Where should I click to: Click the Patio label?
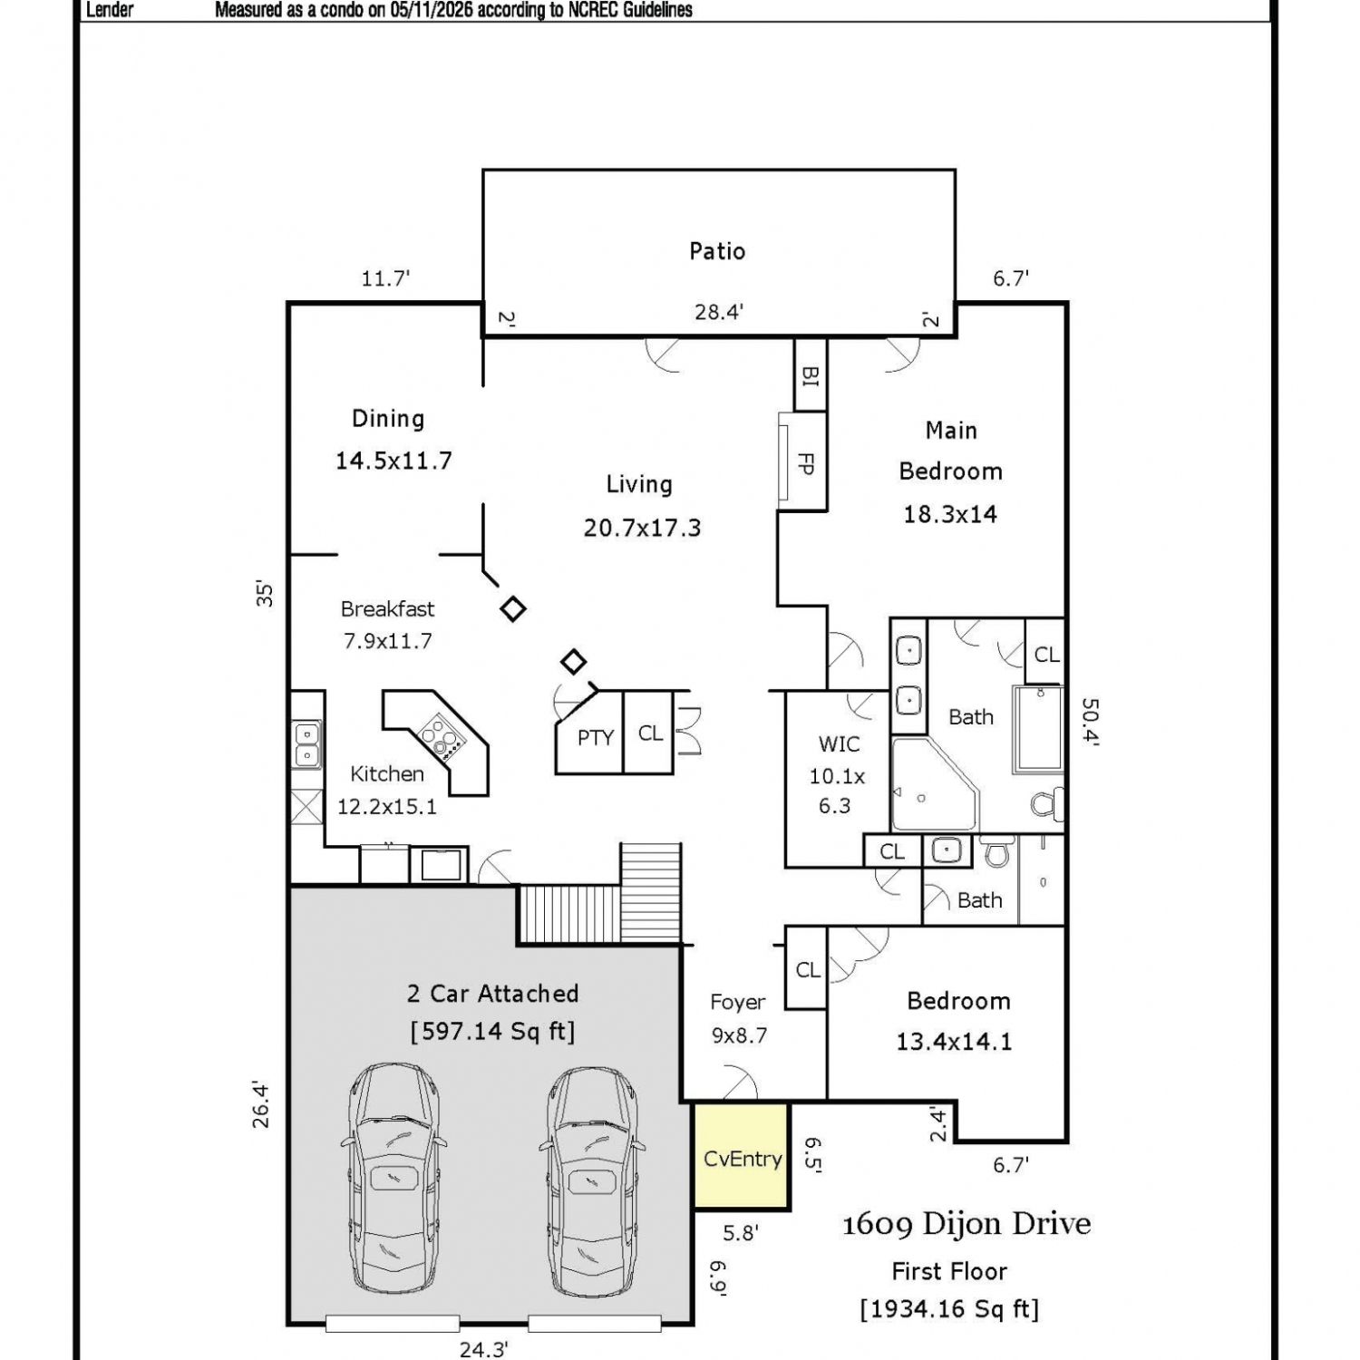(x=717, y=251)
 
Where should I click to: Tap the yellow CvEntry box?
(x=742, y=1156)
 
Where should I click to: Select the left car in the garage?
(x=396, y=1180)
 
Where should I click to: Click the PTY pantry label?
(x=596, y=738)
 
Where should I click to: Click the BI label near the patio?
(x=810, y=375)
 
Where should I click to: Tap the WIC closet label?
(x=839, y=744)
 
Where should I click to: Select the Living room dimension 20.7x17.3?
(x=642, y=528)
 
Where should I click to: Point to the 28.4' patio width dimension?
(x=719, y=312)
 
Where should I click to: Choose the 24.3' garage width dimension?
(x=483, y=1349)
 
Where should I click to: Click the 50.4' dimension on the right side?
(x=1090, y=722)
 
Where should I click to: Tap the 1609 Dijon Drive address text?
(x=967, y=1224)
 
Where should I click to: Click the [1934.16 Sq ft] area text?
(x=949, y=1309)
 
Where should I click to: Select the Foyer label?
(x=738, y=1002)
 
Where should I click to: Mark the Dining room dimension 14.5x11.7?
(x=393, y=461)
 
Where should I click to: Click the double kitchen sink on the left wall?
(x=306, y=744)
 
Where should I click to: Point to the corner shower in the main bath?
(x=935, y=785)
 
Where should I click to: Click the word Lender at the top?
(x=110, y=10)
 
